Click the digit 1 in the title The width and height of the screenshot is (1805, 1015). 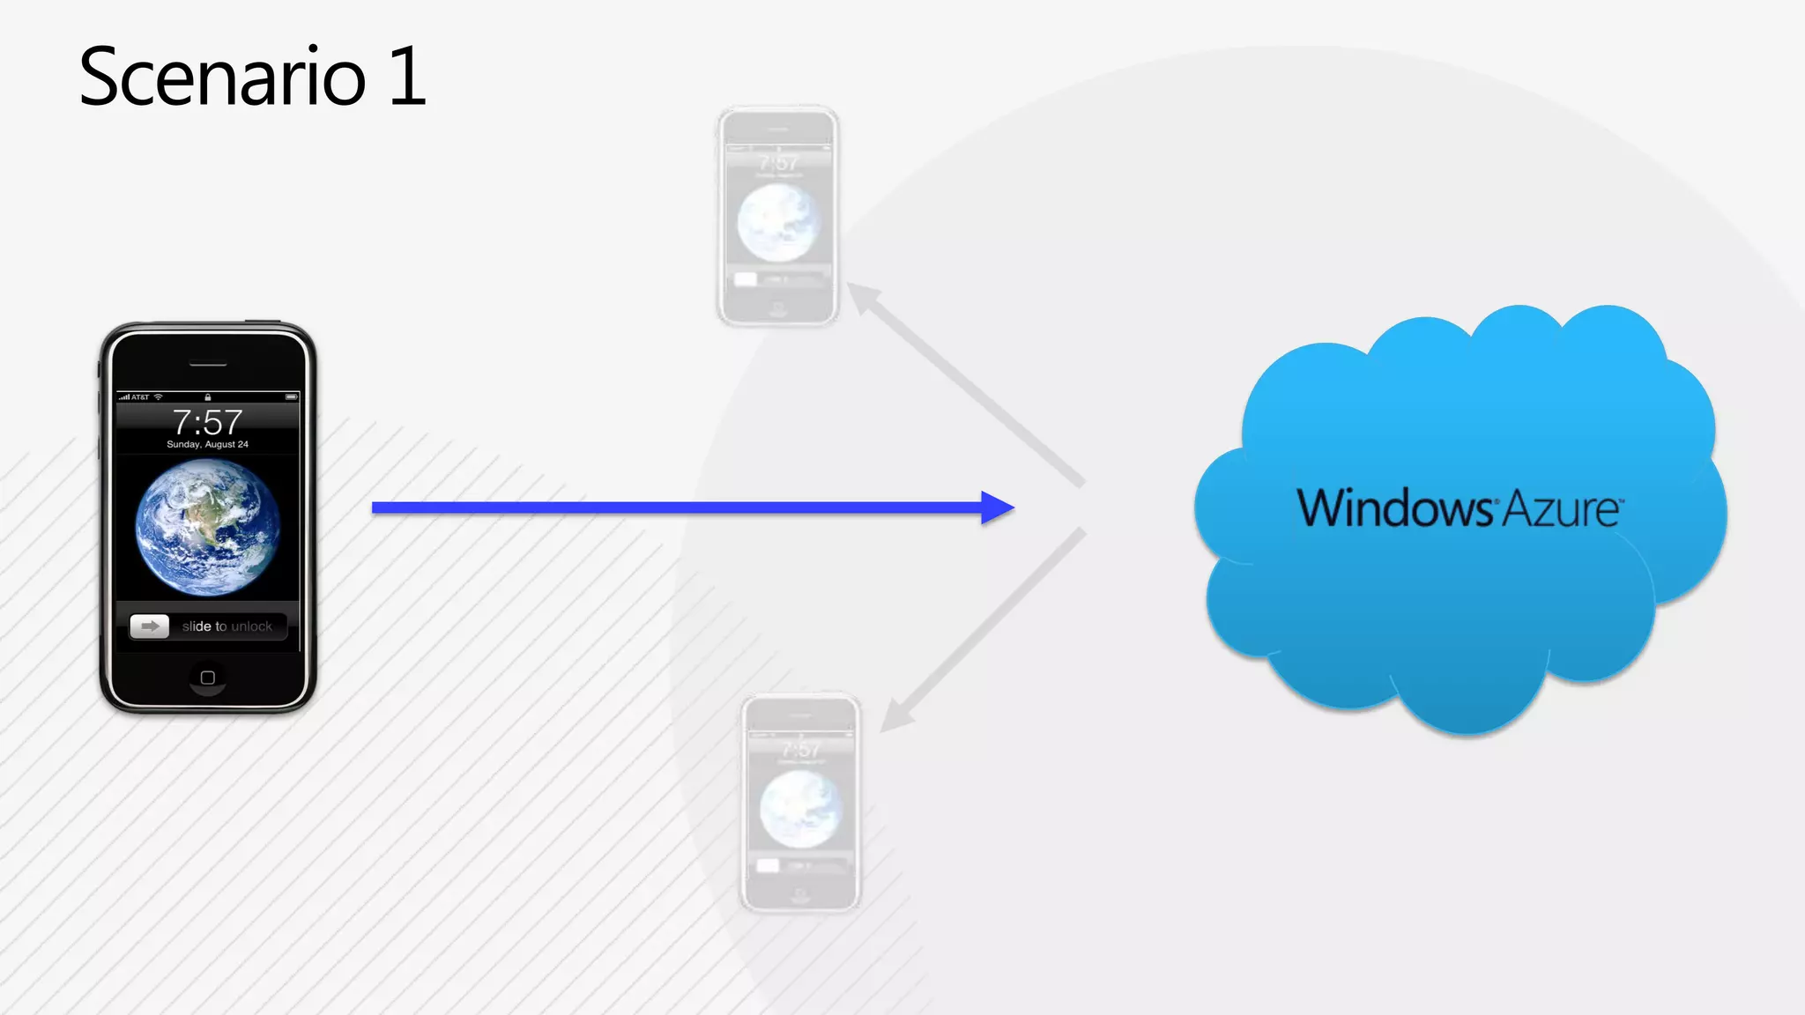tap(407, 78)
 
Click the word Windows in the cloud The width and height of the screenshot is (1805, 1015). tap(1394, 508)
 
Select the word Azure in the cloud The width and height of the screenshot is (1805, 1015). tap(1561, 509)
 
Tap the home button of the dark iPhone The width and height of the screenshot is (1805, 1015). tap(208, 678)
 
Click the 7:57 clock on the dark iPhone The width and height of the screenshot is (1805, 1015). tap(207, 422)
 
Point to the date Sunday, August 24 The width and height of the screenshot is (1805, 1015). tap(207, 444)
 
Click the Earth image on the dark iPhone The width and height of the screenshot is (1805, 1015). tap(208, 527)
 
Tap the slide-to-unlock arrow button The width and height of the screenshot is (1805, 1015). tap(150, 626)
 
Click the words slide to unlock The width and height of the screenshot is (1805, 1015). tap(227, 626)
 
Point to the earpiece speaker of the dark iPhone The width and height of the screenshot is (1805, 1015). tap(208, 364)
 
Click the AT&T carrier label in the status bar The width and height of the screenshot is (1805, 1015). tap(140, 397)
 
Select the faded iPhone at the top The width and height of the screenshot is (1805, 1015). tap(777, 216)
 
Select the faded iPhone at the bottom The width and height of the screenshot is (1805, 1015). tap(800, 803)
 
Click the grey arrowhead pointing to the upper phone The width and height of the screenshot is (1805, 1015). tap(863, 296)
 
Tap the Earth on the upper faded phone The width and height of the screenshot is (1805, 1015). tap(777, 223)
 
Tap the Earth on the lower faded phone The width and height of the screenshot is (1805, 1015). tap(800, 809)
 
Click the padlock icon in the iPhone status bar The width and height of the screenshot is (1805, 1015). tap(208, 397)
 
